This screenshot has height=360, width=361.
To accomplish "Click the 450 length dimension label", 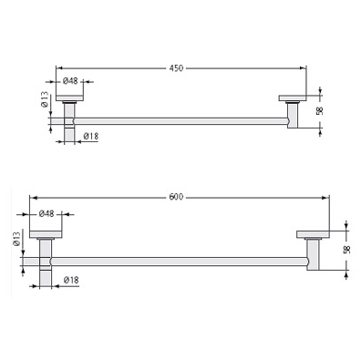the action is pyautogui.click(x=176, y=68).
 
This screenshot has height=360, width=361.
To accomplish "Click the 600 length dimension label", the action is pyautogui.click(x=176, y=197).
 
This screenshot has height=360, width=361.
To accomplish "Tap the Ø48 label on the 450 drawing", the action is pyautogui.click(x=70, y=81).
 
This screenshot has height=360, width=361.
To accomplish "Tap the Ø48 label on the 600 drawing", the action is pyautogui.click(x=46, y=214).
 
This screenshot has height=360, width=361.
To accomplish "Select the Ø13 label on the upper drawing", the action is pyautogui.click(x=45, y=99).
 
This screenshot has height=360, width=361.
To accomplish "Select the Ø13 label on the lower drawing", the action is pyautogui.click(x=17, y=239).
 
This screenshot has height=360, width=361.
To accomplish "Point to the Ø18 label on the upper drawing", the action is pyautogui.click(x=91, y=137).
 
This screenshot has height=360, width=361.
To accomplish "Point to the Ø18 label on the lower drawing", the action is pyautogui.click(x=71, y=280).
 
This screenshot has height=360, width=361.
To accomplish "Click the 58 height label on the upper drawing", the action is pyautogui.click(x=319, y=111).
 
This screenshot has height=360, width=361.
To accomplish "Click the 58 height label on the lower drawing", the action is pyautogui.click(x=346, y=250).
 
